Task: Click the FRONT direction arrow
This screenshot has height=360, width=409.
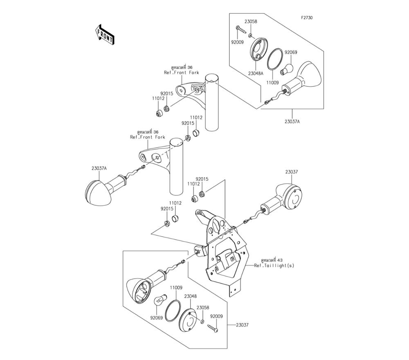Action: pyautogui.click(x=104, y=35)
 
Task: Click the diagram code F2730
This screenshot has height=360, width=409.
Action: pyautogui.click(x=307, y=18)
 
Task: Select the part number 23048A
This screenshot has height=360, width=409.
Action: pyautogui.click(x=256, y=74)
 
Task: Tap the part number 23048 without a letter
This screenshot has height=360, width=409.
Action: pyautogui.click(x=191, y=296)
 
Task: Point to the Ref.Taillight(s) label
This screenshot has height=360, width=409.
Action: pyautogui.click(x=274, y=265)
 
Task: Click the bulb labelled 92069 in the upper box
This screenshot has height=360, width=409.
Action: pyautogui.click(x=286, y=69)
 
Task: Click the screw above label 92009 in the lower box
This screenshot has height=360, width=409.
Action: pyautogui.click(x=213, y=328)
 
